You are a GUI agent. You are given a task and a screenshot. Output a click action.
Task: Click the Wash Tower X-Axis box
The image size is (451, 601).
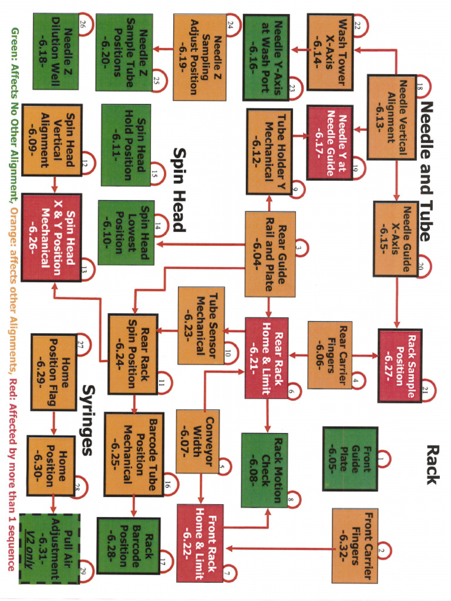click(x=330, y=52)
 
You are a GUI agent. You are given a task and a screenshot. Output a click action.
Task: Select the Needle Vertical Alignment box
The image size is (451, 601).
click(x=392, y=117)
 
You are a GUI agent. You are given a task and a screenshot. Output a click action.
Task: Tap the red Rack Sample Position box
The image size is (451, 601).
click(x=400, y=365)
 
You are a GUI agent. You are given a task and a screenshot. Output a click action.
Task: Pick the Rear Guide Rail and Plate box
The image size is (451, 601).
click(x=270, y=254)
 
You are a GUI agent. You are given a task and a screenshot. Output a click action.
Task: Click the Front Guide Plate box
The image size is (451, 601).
click(x=350, y=458)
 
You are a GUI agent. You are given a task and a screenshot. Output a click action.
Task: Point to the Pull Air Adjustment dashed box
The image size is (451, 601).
click(x=50, y=548)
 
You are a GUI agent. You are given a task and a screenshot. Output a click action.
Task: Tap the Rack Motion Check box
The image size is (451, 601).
click(x=264, y=470)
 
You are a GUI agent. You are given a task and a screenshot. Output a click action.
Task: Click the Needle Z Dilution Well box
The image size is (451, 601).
click(x=56, y=51)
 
